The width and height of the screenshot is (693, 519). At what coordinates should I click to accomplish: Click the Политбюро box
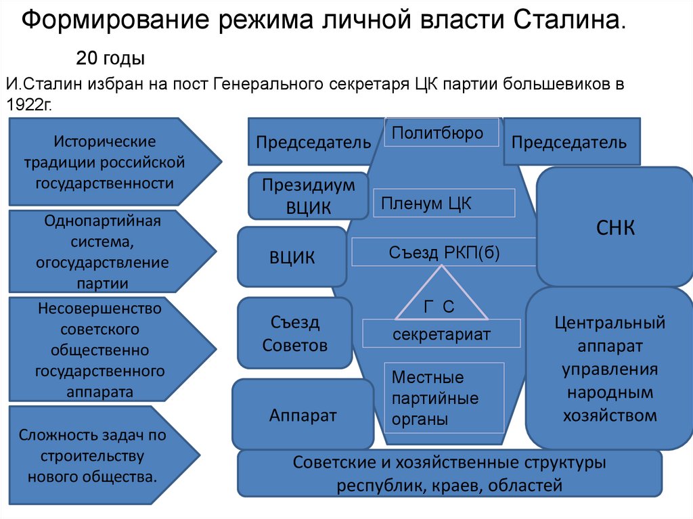(x=441, y=133)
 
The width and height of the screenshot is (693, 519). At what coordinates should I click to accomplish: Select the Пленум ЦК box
(x=444, y=203)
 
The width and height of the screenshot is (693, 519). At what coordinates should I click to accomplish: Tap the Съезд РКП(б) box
(x=443, y=252)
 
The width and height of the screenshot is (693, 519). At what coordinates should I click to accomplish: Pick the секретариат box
(x=441, y=334)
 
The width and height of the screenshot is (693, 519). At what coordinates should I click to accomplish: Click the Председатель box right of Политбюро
(x=571, y=141)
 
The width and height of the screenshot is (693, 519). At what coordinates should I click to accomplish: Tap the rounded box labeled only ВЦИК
(x=292, y=257)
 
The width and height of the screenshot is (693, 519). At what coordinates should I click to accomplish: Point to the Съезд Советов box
(x=294, y=334)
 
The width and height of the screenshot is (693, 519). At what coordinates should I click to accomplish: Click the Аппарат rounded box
(x=302, y=415)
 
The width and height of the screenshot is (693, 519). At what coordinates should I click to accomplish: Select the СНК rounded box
(x=614, y=227)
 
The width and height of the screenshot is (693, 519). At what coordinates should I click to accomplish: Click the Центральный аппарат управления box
(x=609, y=369)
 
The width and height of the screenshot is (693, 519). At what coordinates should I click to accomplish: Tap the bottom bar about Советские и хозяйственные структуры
(x=449, y=474)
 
